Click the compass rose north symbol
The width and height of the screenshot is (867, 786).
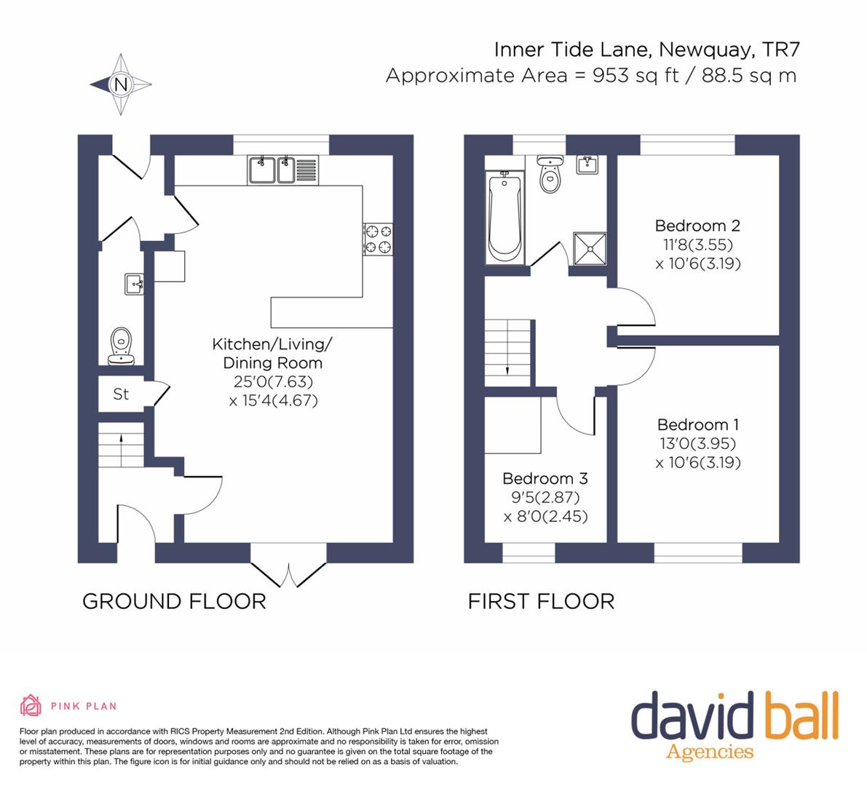point(121,84)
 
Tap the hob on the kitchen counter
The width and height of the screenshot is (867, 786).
point(379,239)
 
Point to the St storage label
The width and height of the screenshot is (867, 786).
point(121,394)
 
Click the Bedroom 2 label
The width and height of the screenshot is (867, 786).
point(697,226)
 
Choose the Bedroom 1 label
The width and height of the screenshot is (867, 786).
point(698,424)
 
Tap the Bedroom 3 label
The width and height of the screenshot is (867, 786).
point(545,478)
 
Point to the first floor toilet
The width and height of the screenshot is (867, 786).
point(550,173)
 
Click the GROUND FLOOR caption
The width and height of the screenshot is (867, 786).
point(174,601)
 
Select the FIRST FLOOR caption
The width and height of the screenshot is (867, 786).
point(542,601)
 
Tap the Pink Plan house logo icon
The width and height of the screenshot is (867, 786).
point(31,705)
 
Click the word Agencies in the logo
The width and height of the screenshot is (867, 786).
point(710,752)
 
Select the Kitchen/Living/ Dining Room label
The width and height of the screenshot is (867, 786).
point(272,353)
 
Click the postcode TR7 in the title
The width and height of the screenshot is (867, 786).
point(781,49)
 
